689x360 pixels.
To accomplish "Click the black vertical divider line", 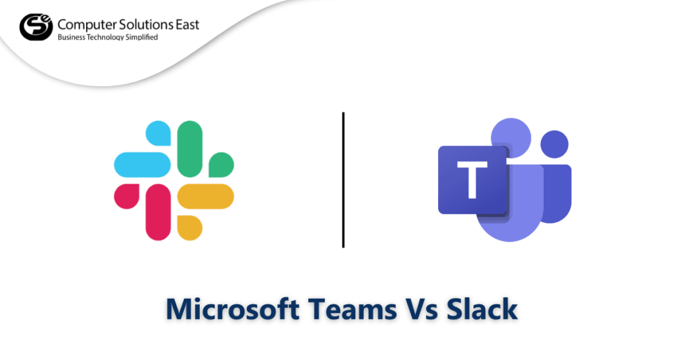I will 343,180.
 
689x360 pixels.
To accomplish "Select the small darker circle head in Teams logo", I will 554,143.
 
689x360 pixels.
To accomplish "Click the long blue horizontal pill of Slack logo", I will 141,164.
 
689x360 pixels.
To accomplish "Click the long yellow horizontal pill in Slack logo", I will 206,196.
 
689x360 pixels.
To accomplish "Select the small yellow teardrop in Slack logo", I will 191,227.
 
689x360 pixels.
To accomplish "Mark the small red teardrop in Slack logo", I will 126,196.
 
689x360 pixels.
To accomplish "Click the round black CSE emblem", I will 34,27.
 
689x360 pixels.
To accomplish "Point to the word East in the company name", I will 184,25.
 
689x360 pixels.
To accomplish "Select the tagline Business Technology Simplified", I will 108,38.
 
